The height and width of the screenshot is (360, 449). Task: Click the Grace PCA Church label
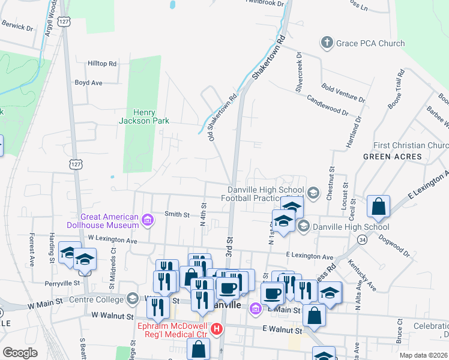370,43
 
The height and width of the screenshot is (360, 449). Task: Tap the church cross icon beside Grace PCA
327,43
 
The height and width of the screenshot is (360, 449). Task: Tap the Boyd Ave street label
89,83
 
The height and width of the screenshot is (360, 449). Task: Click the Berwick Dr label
17,27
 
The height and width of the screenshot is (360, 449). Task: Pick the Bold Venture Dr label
343,92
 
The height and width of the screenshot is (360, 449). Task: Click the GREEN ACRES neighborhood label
388,157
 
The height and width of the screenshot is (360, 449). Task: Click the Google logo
20,353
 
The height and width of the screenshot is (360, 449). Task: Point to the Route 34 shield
362,240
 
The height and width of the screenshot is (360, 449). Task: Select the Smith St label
177,214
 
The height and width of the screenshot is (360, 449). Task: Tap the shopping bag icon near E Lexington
379,208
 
